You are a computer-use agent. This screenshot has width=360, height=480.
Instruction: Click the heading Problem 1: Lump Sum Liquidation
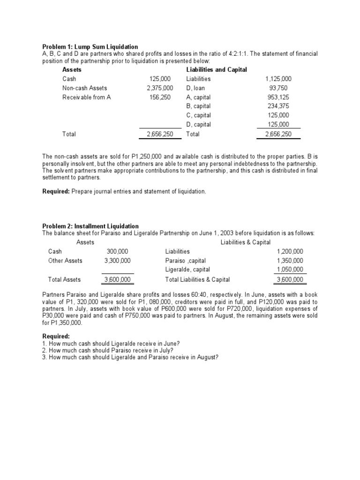tap(90, 47)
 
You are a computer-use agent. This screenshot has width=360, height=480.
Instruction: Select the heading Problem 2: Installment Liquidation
tap(90, 226)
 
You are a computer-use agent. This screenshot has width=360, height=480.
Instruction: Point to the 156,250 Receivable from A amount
tap(161, 97)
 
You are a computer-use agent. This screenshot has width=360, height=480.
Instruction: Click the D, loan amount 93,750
tap(279, 88)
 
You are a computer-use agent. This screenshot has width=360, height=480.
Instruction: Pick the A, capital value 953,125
tap(278, 97)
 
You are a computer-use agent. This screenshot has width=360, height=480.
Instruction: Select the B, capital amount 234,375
tap(278, 106)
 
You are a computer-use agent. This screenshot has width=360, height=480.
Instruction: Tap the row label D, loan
tap(195, 88)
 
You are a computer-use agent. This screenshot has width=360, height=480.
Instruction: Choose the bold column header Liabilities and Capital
tap(217, 70)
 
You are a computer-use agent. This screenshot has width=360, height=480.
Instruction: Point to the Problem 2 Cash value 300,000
tap(118, 252)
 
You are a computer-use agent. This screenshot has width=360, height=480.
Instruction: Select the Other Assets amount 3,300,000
tap(118, 261)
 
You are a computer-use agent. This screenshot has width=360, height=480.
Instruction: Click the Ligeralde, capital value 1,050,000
tap(290, 270)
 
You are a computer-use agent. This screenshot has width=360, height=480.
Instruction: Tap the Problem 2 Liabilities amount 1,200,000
tap(290, 252)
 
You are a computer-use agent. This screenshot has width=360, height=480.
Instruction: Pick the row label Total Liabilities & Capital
tap(197, 279)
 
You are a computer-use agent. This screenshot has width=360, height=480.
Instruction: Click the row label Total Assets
tap(64, 279)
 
